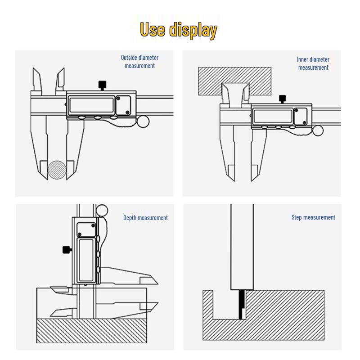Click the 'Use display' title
pos(178,30)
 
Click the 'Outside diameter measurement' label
pos(139,62)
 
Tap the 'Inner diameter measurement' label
pos(313,63)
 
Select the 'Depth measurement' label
pos(145,218)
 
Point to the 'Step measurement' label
pos(313,217)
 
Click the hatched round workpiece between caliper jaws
pos(57,170)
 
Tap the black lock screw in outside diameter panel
pos(102,85)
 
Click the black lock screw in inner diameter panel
pos(282,99)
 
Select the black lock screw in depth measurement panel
pos(67,250)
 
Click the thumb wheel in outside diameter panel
pos(143,121)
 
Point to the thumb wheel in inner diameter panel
pos(318,130)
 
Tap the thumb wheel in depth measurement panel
pos(102,211)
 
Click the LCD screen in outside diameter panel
pos(91,105)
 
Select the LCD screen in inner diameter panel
pos(273,117)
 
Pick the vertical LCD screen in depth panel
pos(86,260)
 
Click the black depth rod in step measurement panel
pos(240,305)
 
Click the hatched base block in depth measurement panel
pos(92,331)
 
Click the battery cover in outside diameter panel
pos(123,105)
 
